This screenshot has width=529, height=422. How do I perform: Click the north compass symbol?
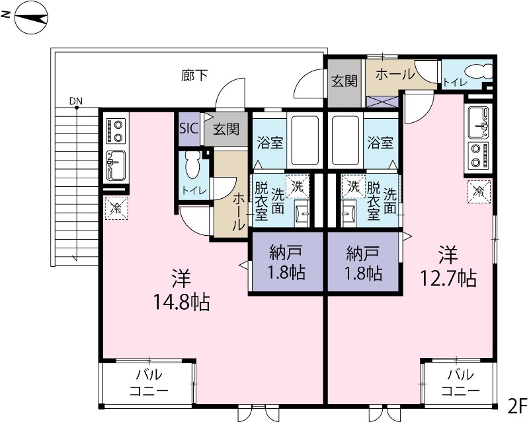[29, 19]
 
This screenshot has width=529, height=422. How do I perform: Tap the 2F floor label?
[516, 404]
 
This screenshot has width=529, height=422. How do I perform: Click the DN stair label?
[76, 101]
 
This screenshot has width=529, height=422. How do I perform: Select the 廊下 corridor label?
[194, 75]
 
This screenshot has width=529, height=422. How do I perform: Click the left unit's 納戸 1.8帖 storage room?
[286, 262]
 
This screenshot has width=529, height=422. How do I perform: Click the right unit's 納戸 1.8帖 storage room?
[363, 262]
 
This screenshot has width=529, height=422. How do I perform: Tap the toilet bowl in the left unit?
[192, 166]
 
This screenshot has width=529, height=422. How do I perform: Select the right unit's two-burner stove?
[479, 155]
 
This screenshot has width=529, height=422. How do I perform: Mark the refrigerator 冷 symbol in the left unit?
[116, 208]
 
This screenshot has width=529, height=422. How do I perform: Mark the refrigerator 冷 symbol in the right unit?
[479, 192]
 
